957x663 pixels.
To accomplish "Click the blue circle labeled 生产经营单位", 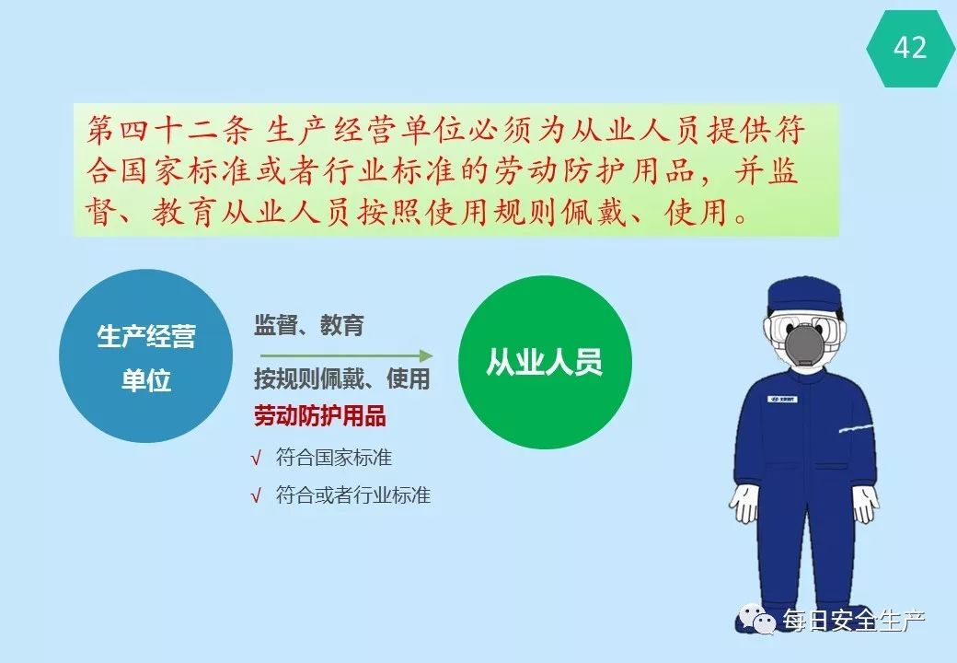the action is point(146,356).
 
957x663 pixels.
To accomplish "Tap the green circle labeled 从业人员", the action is point(545,362).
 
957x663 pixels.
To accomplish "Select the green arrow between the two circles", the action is point(347,356).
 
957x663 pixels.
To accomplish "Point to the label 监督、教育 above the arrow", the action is point(309,325).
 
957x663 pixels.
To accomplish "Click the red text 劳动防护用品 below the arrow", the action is point(320,415).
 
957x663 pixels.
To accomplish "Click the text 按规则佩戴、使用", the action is point(342,379).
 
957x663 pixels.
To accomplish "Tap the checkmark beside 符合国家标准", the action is point(256,458).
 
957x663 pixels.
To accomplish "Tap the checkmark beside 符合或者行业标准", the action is point(256,495).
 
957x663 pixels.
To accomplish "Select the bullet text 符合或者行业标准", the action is point(353,494).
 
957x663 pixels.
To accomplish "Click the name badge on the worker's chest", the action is point(782,400).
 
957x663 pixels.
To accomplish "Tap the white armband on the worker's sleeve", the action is point(857,426).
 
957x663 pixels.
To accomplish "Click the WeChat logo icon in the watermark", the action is point(757,619).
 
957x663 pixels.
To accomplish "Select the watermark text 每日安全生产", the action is point(854,621).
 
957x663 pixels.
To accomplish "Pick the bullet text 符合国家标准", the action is point(334,458).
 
